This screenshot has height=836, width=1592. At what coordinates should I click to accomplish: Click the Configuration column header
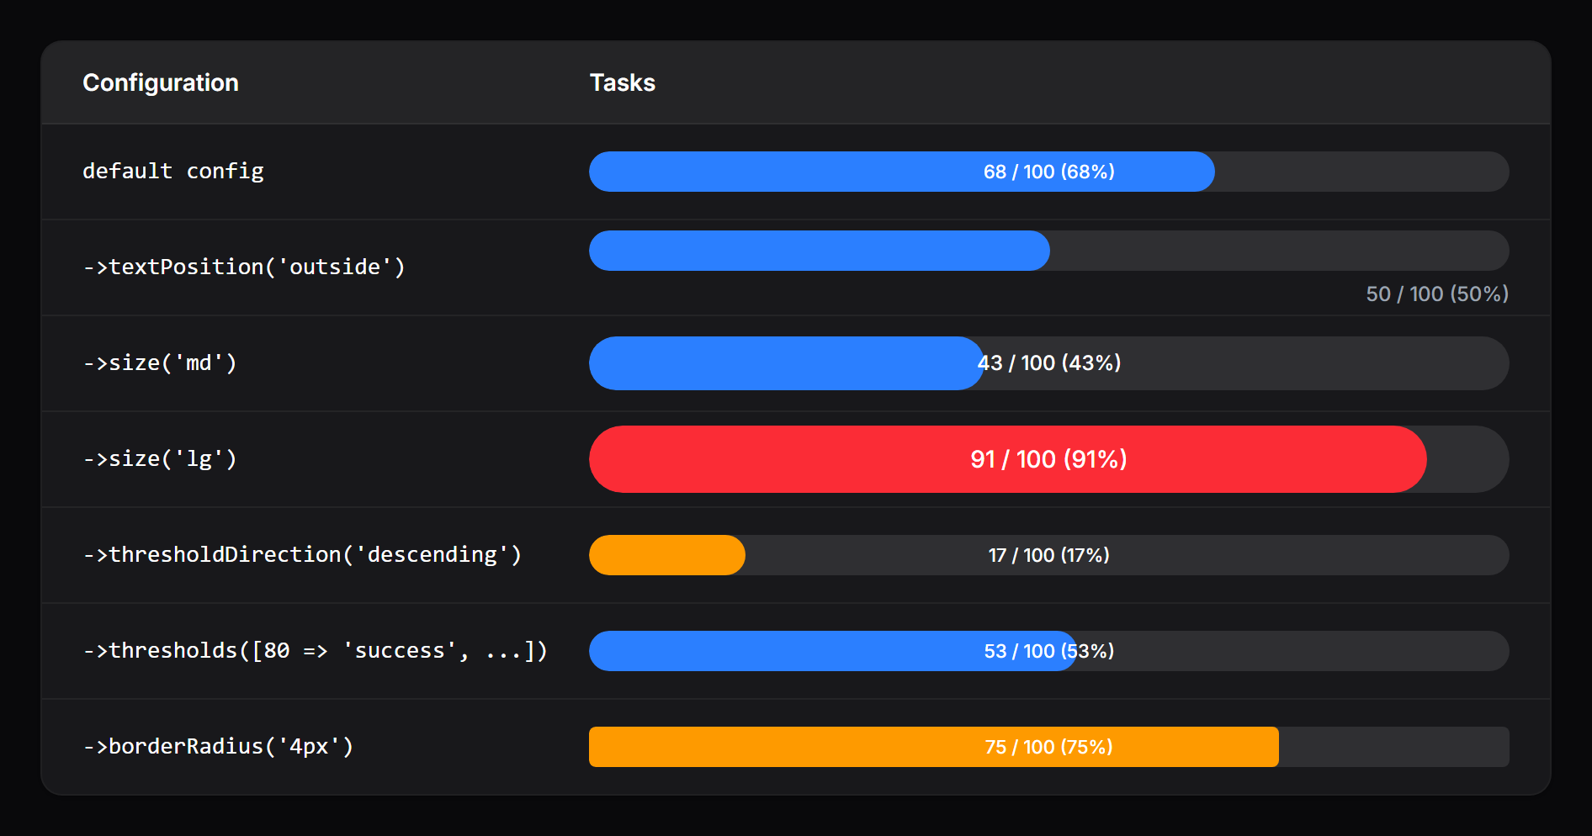click(x=160, y=82)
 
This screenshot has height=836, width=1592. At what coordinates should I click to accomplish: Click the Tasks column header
click(x=622, y=82)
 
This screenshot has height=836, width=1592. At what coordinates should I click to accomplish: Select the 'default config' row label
click(x=172, y=171)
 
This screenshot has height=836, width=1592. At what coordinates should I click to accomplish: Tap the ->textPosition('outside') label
click(x=244, y=267)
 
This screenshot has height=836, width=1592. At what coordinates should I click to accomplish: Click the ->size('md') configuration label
click(x=160, y=362)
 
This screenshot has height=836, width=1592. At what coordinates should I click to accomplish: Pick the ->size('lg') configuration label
click(x=160, y=458)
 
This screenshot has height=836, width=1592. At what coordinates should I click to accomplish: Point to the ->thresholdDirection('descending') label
click(x=302, y=554)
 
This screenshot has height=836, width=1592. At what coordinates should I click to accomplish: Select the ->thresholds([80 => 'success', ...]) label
click(x=315, y=650)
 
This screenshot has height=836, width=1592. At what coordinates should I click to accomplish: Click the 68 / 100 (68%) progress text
click(x=1048, y=172)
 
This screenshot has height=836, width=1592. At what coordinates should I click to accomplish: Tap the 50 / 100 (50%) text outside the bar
click(x=1436, y=294)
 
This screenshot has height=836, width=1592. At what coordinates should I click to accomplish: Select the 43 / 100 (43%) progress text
click(x=1048, y=362)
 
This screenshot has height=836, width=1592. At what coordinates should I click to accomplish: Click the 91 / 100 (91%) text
click(x=1048, y=459)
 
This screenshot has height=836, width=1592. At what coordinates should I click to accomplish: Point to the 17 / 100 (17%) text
click(x=1048, y=555)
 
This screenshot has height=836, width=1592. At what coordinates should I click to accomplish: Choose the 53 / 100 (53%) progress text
click(x=1048, y=651)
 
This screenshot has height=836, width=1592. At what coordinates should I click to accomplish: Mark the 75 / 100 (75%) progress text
click(x=1048, y=747)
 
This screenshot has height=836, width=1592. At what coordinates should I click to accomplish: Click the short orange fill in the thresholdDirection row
click(x=666, y=555)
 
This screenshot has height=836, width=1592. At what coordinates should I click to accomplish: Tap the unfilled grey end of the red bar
click(x=1468, y=459)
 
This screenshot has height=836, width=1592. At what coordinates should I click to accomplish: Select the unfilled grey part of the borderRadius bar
click(x=1393, y=747)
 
